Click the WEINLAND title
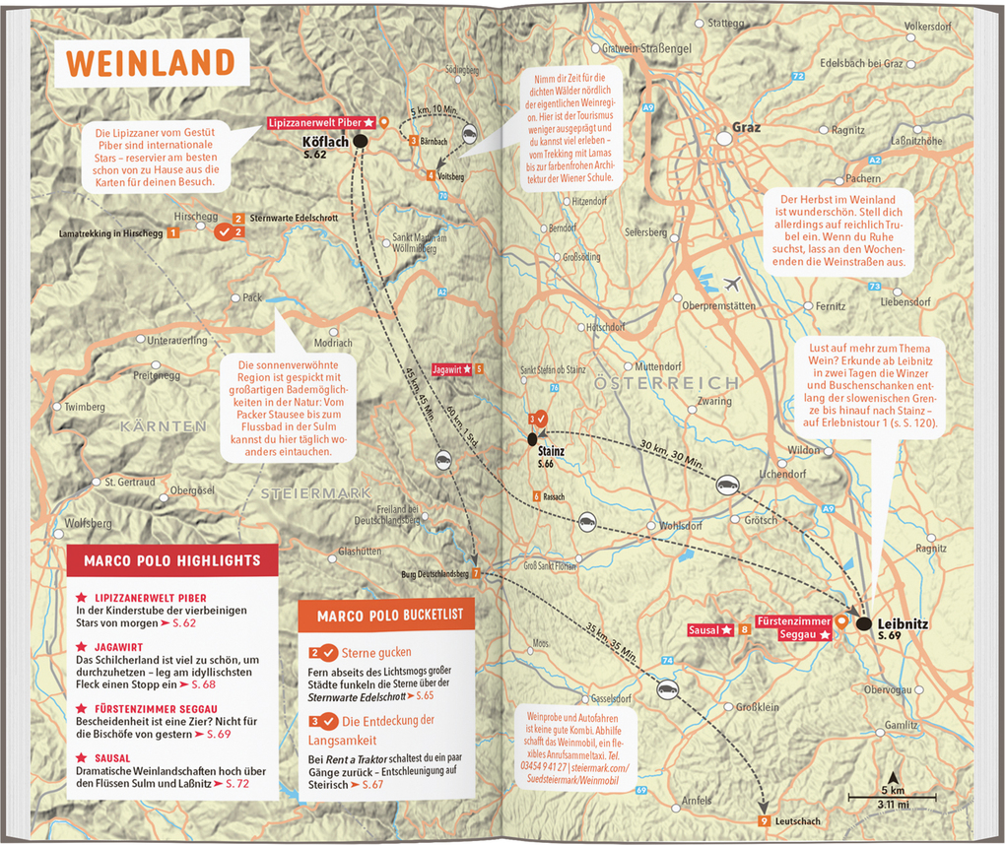tap(151, 61)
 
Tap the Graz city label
tap(747, 127)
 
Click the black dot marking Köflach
tap(361, 142)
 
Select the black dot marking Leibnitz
tap(864, 623)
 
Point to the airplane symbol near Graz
tap(732, 283)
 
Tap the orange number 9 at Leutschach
tap(763, 821)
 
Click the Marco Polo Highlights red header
tap(171, 561)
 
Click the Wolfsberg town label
tap(88, 523)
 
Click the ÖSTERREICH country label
tap(666, 383)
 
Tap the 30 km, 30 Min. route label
tap(671, 452)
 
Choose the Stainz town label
tap(554, 451)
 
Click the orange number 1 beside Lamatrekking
tap(172, 232)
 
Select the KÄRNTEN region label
tap(163, 426)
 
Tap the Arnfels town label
tap(696, 801)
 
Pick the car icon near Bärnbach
tap(467, 133)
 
